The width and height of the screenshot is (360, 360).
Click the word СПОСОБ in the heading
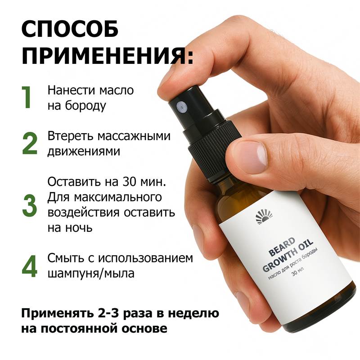click(x=70, y=29)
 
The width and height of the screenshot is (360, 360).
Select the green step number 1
click(x=27, y=97)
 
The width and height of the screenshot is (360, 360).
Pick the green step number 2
click(x=30, y=143)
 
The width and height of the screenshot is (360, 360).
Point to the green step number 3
click(x=29, y=205)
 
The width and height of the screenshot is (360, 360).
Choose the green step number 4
click(x=30, y=266)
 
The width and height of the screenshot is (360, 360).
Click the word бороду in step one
click(x=85, y=106)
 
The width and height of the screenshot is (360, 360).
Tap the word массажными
click(x=134, y=136)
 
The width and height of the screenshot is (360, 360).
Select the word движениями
click(x=84, y=152)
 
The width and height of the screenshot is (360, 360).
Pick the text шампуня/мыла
click(x=91, y=274)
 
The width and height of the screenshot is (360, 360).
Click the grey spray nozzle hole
click(x=181, y=106)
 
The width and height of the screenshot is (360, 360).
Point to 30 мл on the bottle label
click(x=297, y=272)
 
